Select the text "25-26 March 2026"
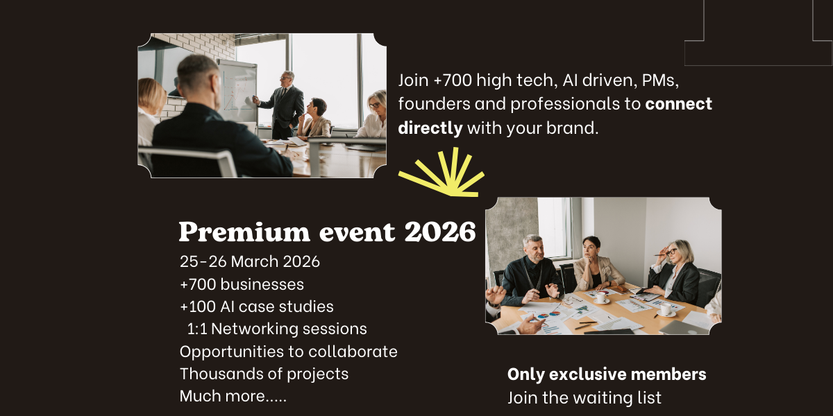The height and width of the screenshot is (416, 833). pyautogui.click(x=250, y=262)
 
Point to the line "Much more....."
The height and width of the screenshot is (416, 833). pyautogui.click(x=233, y=397)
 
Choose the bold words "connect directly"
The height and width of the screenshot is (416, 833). pyautogui.click(x=555, y=116)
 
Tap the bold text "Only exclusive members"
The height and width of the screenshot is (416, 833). pyautogui.click(x=607, y=374)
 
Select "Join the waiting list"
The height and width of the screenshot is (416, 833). pyautogui.click(x=584, y=398)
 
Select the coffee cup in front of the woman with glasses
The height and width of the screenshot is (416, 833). pyautogui.click(x=665, y=309)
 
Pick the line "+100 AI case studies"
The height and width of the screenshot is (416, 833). pyautogui.click(x=257, y=306)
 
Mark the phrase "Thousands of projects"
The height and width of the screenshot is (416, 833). pyautogui.click(x=264, y=374)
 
